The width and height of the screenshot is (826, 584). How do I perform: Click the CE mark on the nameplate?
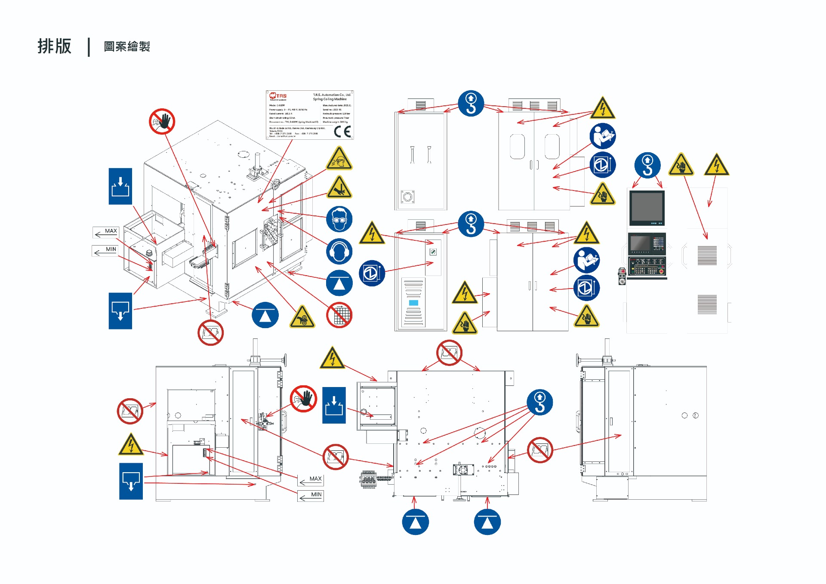click(342, 131)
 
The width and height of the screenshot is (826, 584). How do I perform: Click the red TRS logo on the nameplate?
click(278, 96)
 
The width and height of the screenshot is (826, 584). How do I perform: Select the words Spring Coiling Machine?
click(330, 99)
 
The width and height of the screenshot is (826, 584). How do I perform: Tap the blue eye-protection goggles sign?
click(339, 219)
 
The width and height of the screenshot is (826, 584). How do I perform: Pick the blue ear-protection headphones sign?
click(339, 251)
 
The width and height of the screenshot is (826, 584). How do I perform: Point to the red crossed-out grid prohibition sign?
click(339, 315)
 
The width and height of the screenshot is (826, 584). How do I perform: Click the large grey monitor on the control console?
click(647, 207)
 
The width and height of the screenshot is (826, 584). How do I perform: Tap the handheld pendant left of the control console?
click(622, 277)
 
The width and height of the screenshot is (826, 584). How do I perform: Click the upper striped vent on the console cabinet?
click(707, 255)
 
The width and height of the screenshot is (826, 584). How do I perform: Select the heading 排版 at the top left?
click(54, 46)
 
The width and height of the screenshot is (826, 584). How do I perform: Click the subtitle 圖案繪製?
click(127, 46)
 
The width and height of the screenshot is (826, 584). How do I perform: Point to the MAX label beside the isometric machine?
click(111, 231)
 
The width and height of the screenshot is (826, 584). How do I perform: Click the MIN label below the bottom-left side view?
click(316, 495)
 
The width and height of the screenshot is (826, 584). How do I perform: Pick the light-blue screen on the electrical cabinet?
click(413, 303)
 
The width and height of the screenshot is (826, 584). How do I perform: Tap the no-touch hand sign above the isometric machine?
click(162, 121)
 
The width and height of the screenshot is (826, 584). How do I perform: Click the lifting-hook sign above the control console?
click(647, 165)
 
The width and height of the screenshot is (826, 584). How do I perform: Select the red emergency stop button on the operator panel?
click(662, 272)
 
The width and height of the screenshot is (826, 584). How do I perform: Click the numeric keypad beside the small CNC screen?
click(659, 243)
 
